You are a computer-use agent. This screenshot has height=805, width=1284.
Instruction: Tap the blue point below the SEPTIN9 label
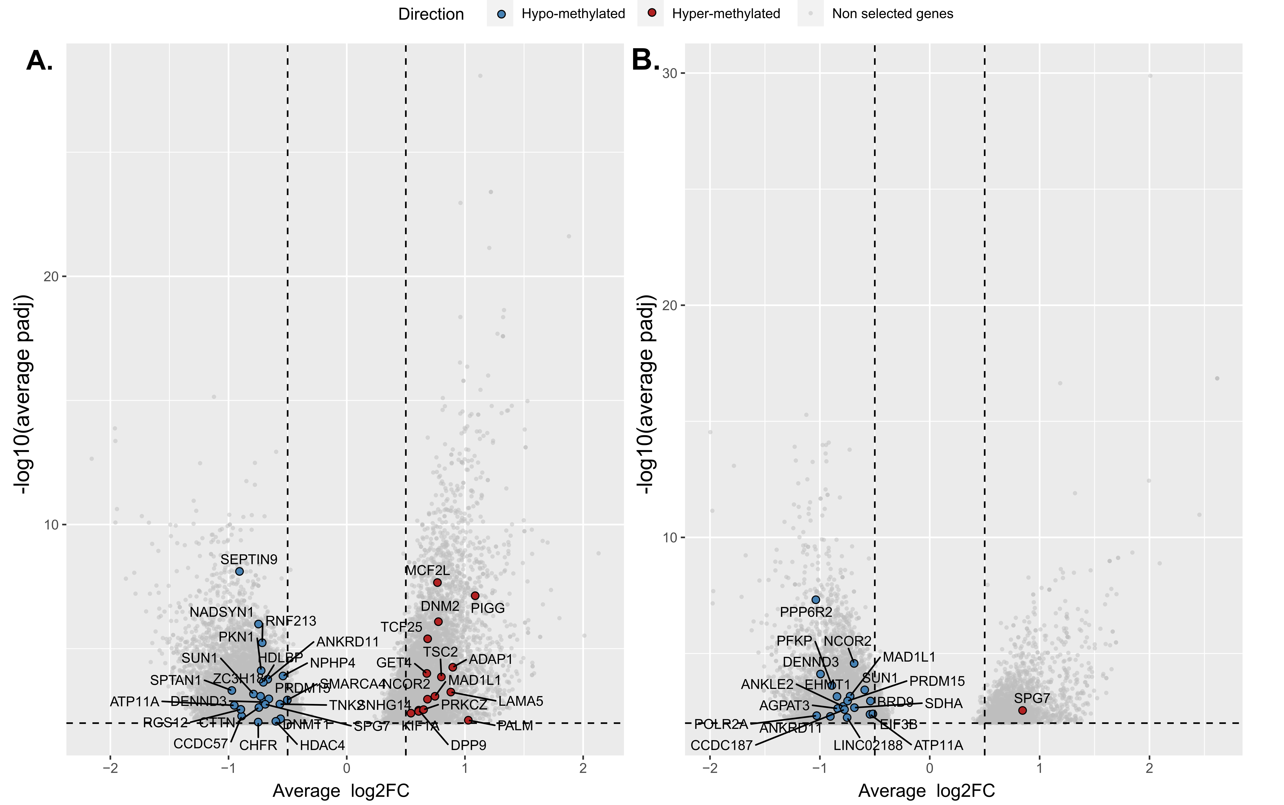(240, 571)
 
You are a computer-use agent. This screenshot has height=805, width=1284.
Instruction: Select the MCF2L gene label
(427, 570)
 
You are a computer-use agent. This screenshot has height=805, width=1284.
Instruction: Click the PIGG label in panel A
(488, 608)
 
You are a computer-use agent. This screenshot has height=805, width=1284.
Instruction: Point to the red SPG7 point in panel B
(1022, 710)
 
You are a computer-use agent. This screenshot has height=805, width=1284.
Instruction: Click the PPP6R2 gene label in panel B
(806, 612)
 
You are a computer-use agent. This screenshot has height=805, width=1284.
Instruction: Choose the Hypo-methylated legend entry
(573, 14)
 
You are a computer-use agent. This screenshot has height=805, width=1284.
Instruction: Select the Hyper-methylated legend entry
(726, 14)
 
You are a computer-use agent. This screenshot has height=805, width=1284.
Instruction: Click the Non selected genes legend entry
(892, 14)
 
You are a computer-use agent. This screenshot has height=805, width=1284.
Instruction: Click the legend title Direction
(431, 14)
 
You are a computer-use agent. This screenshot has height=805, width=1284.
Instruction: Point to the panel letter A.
(39, 60)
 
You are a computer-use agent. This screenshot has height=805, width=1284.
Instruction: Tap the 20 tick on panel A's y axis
(51, 276)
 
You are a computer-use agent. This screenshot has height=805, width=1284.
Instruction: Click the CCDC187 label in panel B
(721, 745)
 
